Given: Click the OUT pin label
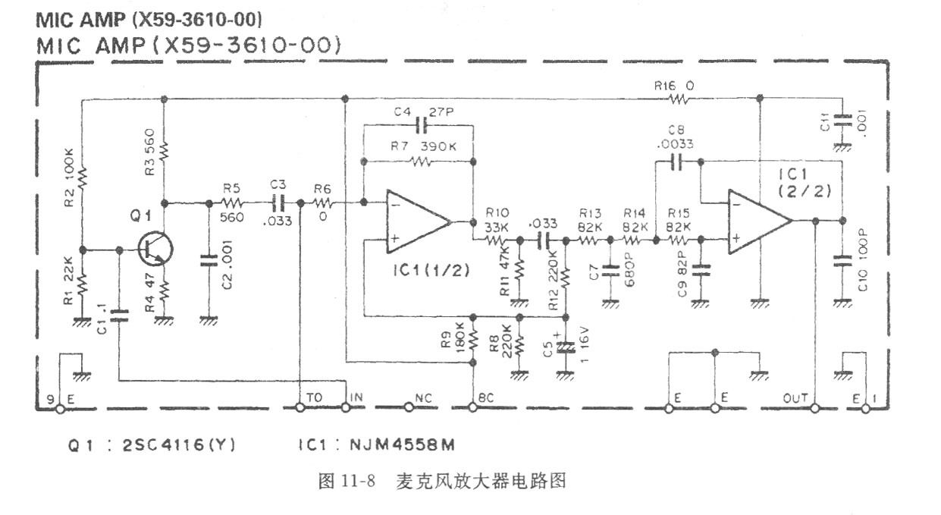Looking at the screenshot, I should click(796, 397).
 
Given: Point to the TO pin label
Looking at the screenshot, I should click(314, 397).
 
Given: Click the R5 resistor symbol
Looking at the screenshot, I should click(231, 203).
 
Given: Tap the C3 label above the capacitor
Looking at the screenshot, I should click(278, 185).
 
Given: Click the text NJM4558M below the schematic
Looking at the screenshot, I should click(397, 445).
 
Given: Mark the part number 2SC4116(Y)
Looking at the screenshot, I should click(179, 445).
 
